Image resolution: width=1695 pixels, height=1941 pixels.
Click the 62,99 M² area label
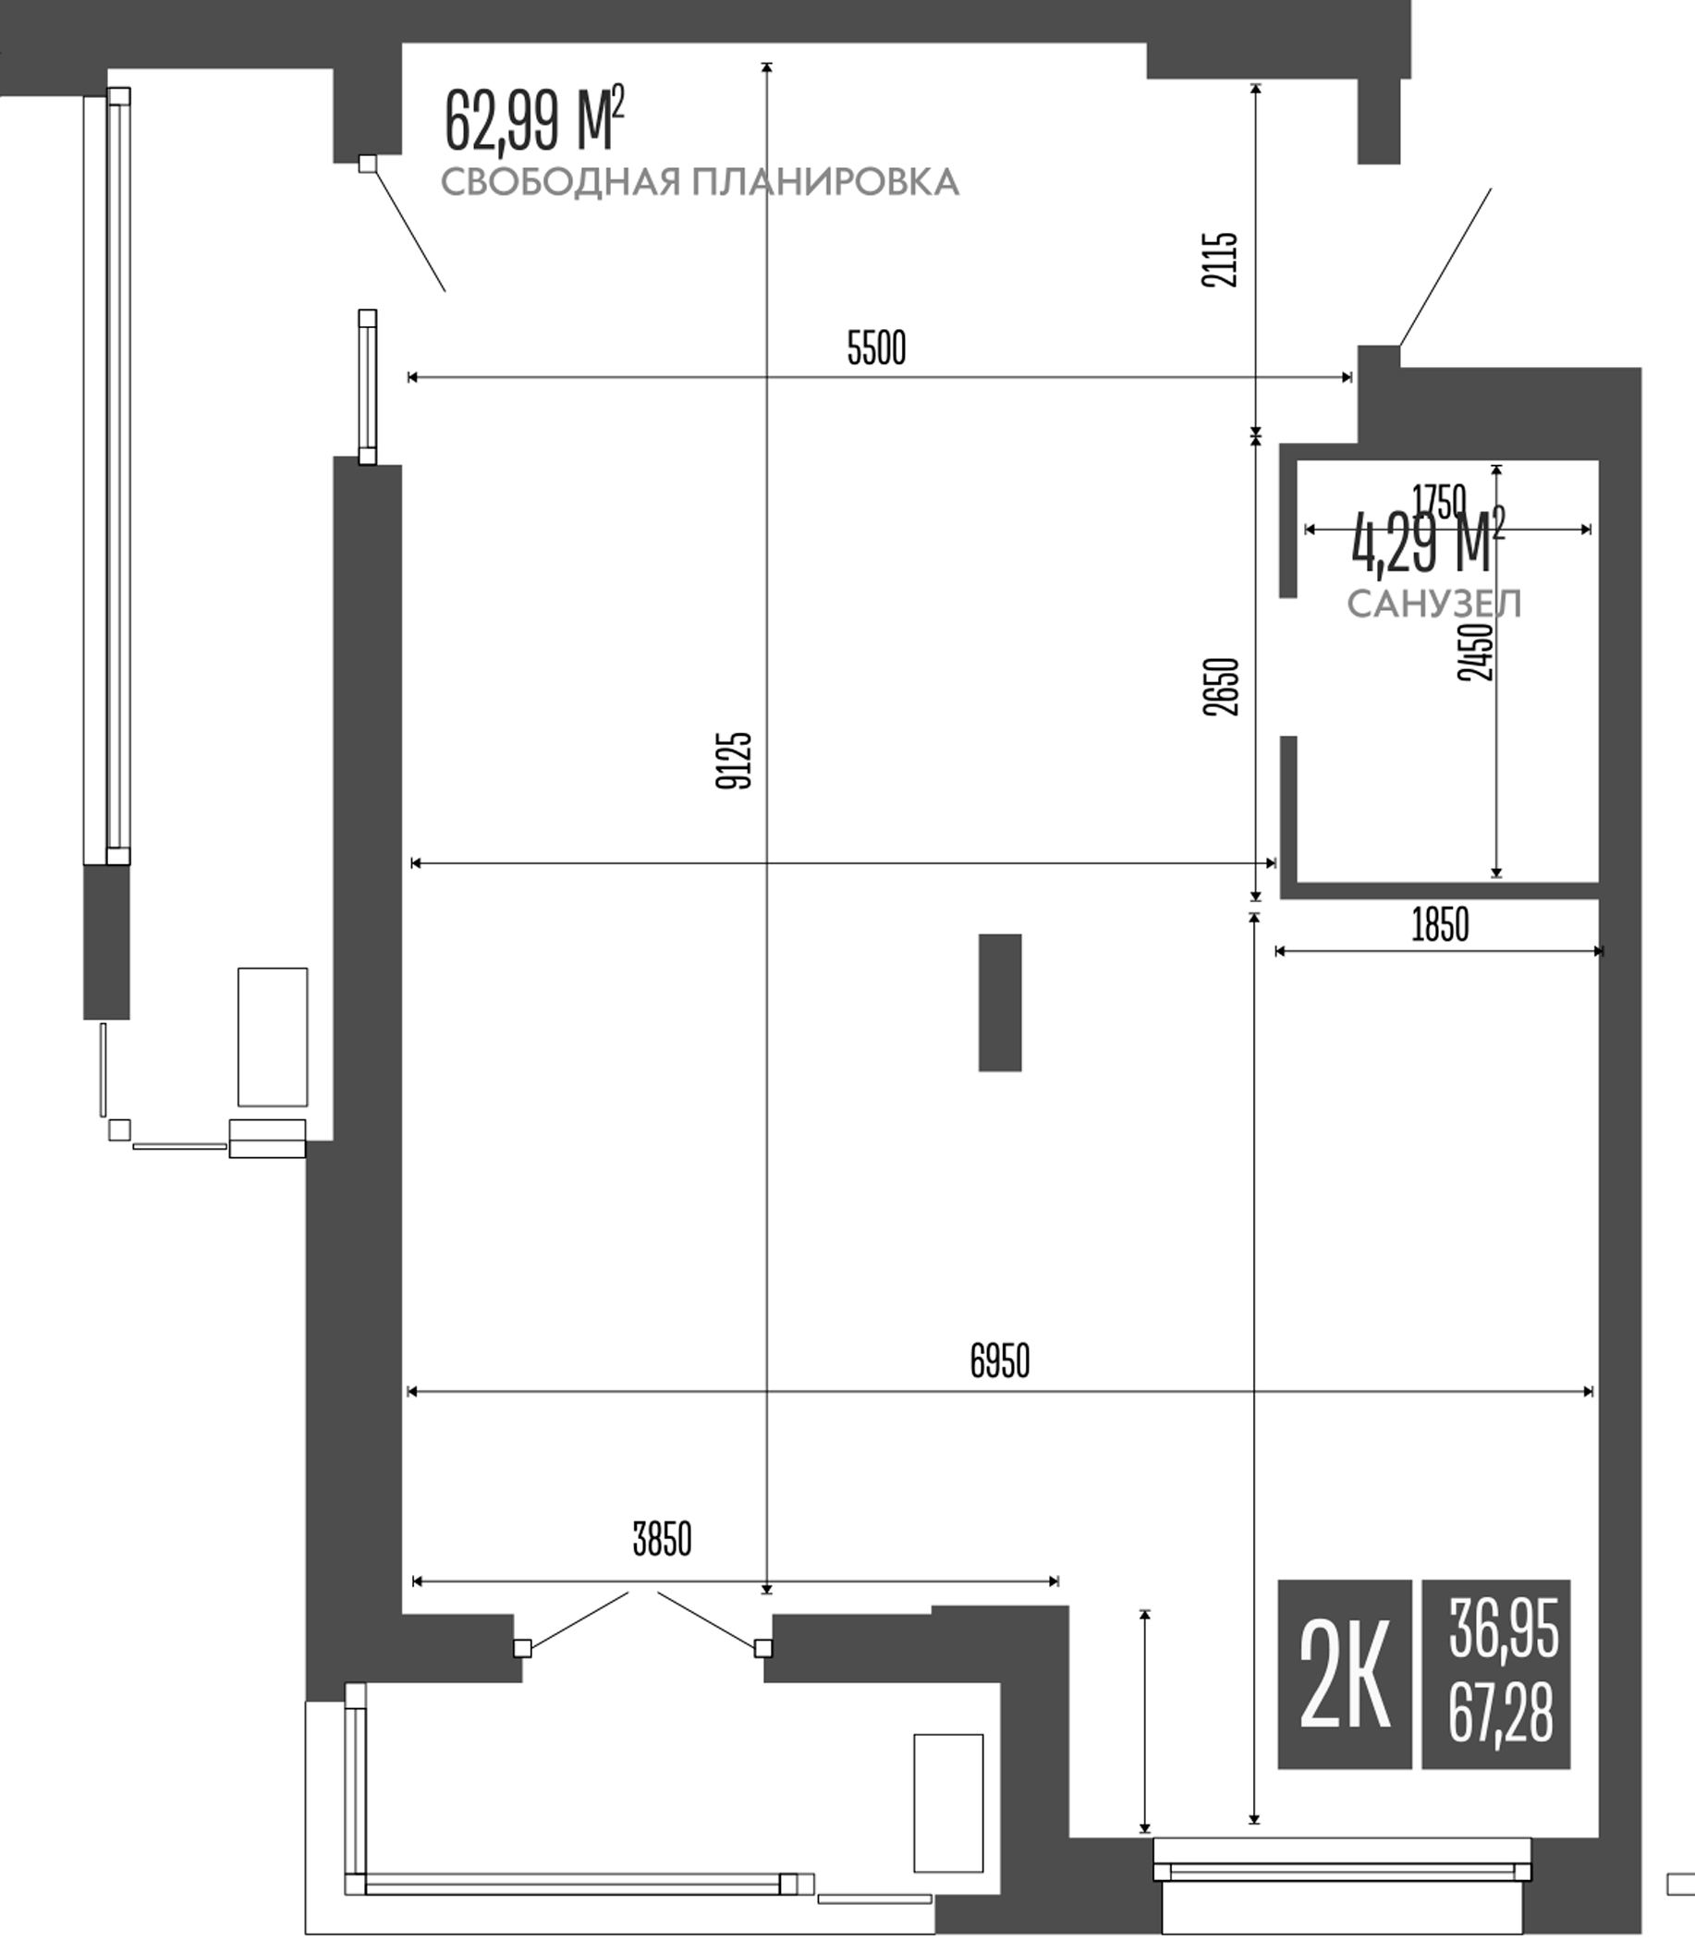[x=534, y=120]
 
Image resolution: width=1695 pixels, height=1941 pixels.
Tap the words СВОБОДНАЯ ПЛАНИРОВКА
[x=700, y=181]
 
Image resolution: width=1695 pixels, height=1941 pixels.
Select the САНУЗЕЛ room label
[x=1434, y=604]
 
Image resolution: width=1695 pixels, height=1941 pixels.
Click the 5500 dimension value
[x=876, y=348]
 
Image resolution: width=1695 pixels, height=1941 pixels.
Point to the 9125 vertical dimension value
[x=734, y=760]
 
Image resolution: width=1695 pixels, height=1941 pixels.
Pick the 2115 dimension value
[x=1219, y=259]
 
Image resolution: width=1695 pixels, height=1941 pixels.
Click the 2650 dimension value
[x=1221, y=686]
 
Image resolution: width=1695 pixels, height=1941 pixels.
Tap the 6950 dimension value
[x=999, y=1361]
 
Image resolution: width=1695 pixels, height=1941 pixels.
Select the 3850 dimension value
[x=662, y=1540]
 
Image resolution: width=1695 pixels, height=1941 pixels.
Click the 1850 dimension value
[x=1440, y=925]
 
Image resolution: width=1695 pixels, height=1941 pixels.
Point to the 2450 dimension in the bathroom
[x=1476, y=652]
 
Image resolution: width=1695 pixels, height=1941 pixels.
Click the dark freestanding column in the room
[x=1000, y=1002]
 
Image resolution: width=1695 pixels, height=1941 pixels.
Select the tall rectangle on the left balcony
[x=273, y=1037]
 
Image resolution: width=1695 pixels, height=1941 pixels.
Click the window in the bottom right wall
[x=1341, y=1871]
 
